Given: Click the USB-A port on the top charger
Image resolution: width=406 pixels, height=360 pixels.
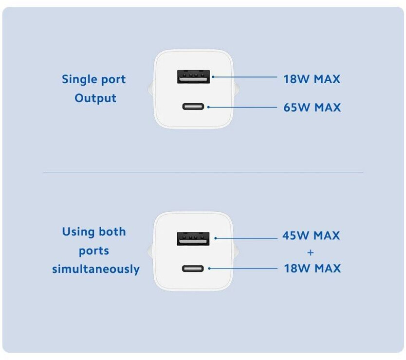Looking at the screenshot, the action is [193, 76].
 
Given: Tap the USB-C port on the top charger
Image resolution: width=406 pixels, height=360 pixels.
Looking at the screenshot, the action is [193, 107].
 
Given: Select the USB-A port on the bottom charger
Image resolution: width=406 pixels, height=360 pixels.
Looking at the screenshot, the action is [193, 238].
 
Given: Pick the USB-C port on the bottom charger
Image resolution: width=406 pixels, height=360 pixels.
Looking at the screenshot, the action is [193, 268].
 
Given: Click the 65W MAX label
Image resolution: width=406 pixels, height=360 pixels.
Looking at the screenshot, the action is [312, 107].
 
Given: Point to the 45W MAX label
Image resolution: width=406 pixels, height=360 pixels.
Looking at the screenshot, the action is [311, 236].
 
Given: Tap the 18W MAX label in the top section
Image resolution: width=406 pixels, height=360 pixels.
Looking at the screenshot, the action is [312, 79].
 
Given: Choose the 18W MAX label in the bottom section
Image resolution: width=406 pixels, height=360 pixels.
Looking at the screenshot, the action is [312, 268].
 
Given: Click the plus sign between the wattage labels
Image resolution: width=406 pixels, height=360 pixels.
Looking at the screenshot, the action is [311, 252].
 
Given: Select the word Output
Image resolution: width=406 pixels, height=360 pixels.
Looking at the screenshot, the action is [95, 98].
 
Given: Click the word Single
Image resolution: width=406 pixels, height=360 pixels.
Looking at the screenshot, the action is [80, 79].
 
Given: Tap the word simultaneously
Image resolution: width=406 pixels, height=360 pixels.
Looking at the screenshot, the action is [96, 269].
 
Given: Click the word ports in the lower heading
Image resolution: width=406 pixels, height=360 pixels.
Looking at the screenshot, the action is [94, 251].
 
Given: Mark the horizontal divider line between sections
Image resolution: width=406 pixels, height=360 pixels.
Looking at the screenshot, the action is [203, 172].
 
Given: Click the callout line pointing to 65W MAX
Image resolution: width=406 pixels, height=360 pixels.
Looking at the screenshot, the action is [243, 107].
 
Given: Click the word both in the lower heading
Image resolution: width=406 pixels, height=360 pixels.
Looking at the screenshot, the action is [112, 232].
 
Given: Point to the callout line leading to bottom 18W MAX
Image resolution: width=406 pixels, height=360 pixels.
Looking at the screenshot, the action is [243, 268].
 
